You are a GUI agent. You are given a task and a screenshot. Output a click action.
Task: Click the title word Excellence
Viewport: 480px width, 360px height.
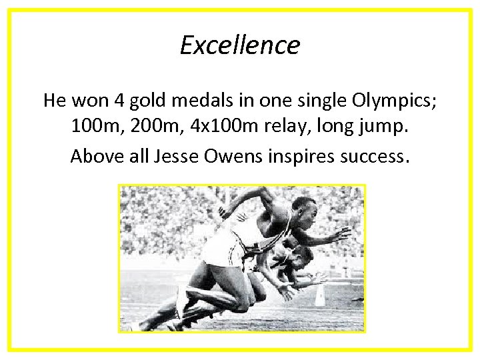tap(240, 45)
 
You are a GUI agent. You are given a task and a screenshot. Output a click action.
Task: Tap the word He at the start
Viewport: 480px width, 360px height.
tap(55, 101)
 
